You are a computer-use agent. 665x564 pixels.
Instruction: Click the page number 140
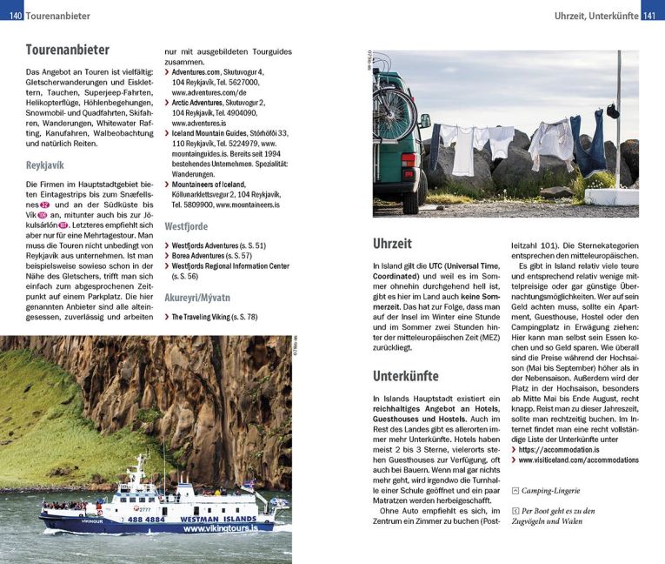tap(11, 16)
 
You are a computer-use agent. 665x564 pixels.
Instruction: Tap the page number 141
tap(651, 16)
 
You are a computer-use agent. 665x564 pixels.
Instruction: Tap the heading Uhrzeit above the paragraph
tap(392, 244)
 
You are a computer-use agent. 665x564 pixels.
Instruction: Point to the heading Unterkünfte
tap(405, 377)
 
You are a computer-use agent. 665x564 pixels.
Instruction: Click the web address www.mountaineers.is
tap(248, 205)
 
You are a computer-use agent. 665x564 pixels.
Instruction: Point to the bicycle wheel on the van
tap(396, 112)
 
